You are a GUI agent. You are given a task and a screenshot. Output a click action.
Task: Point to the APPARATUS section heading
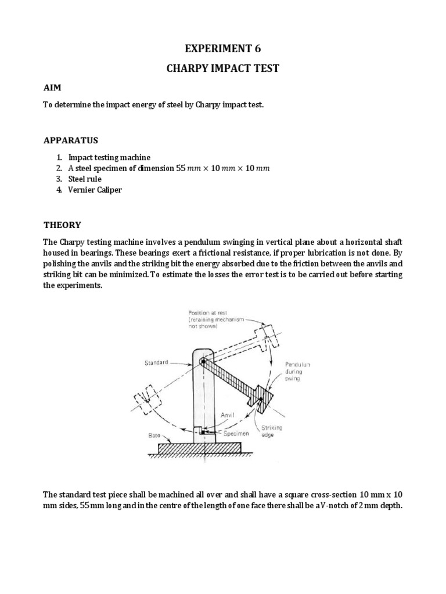[x=71, y=140]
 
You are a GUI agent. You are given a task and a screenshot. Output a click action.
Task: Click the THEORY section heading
[x=63, y=225]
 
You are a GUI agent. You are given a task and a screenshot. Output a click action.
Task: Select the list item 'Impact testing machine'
[x=109, y=157]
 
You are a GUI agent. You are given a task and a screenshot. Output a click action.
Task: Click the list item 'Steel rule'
[x=85, y=179]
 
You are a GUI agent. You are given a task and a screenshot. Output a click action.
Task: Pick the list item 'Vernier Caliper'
[x=95, y=190]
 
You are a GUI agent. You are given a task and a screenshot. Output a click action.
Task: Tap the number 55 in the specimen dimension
[x=181, y=168]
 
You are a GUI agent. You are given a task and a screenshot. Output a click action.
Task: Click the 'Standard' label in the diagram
[x=156, y=363]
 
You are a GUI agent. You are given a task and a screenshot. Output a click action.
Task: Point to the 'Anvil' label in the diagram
[x=228, y=415]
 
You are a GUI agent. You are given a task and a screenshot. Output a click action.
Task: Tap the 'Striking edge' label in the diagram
[x=272, y=431]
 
